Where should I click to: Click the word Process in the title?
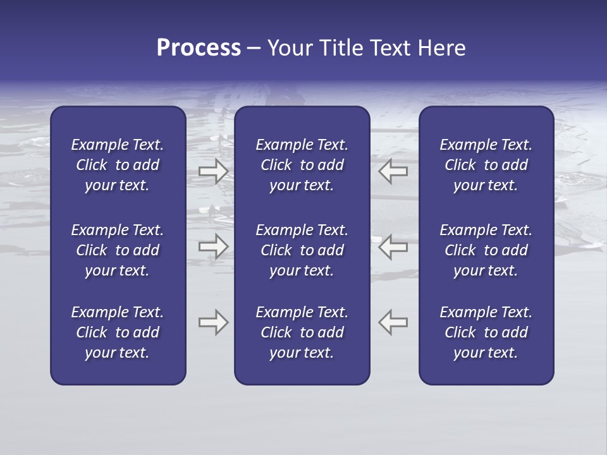[x=199, y=48]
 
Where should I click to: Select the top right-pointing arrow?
[x=213, y=171]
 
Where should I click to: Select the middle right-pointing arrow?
[x=213, y=246]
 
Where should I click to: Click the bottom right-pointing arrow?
[x=213, y=322]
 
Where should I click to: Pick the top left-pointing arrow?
[x=393, y=171]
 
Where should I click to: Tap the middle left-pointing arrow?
[x=393, y=246]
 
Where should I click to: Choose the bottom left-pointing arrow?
[x=393, y=322]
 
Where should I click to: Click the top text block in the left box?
[x=118, y=165]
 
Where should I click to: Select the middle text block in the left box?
[x=118, y=250]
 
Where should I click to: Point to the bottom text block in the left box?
[x=118, y=332]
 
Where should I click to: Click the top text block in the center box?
[x=302, y=165]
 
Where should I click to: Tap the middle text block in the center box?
[x=302, y=250]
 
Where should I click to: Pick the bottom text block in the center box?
[x=302, y=332]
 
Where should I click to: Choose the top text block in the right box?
[x=486, y=165]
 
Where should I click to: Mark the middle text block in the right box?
[x=486, y=250]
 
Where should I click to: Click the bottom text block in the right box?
[x=486, y=332]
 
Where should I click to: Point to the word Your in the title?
[x=289, y=48]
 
